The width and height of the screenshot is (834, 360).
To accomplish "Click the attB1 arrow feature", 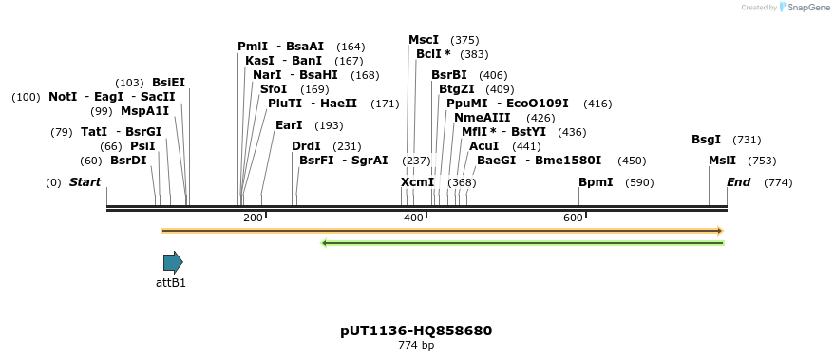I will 173,262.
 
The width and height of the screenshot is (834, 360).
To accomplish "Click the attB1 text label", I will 171,282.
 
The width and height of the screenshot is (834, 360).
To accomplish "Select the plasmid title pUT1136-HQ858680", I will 416,331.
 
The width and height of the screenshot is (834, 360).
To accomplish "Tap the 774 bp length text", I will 416,345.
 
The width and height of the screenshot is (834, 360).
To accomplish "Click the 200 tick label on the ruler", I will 253,218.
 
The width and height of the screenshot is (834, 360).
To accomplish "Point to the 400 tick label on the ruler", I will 413,218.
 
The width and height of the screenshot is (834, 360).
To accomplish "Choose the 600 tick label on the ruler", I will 573,218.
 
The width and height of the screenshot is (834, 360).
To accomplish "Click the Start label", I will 85,182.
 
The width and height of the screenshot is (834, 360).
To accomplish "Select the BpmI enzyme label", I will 596,182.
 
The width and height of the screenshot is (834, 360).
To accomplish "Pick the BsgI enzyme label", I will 706,140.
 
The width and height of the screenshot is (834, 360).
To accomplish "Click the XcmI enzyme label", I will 417,182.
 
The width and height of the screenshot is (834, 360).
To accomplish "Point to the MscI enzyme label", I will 424,40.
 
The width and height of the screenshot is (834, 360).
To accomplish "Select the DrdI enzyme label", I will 306,146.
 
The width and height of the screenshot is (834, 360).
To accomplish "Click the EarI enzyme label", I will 289,125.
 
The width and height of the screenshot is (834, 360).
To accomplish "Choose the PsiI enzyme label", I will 142,146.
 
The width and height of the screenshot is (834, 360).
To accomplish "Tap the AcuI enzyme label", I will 483,146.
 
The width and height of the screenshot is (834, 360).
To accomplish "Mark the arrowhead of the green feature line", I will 325,243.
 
